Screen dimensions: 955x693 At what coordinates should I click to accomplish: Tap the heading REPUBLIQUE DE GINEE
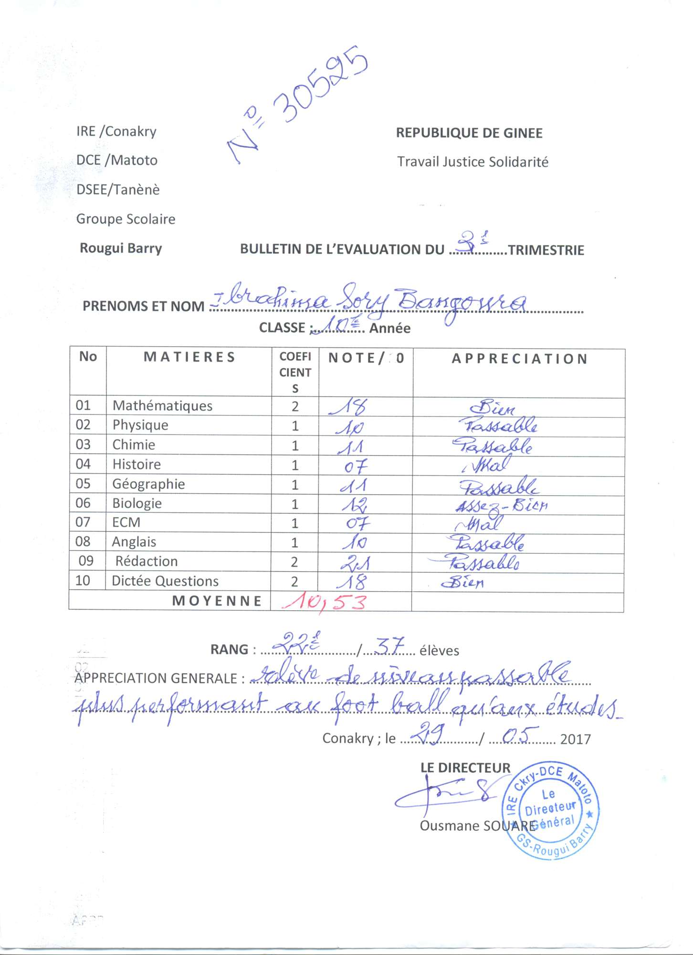click(469, 133)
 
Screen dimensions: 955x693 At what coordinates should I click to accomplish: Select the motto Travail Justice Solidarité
click(472, 162)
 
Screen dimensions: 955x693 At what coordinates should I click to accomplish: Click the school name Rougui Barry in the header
click(121, 248)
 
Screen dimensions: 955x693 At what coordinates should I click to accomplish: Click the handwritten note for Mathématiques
click(349, 407)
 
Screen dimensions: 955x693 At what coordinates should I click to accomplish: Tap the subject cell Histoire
click(136, 464)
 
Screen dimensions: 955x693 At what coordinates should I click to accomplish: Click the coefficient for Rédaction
click(294, 562)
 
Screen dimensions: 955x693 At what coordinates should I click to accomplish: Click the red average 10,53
click(325, 602)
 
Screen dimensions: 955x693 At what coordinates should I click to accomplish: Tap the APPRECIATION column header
click(519, 359)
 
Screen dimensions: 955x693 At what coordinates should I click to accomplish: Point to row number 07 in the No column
click(83, 522)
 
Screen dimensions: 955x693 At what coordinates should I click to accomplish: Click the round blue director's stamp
click(550, 810)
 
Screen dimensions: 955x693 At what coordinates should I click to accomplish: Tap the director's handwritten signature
click(446, 794)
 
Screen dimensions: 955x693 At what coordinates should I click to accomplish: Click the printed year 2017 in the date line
click(575, 739)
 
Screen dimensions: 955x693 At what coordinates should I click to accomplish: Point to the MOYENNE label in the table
click(217, 601)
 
